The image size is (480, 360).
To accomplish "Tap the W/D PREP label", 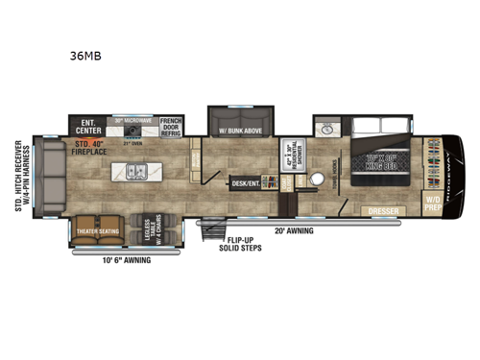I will point(434,203).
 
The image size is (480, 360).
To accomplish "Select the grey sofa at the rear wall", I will point(48,177).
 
